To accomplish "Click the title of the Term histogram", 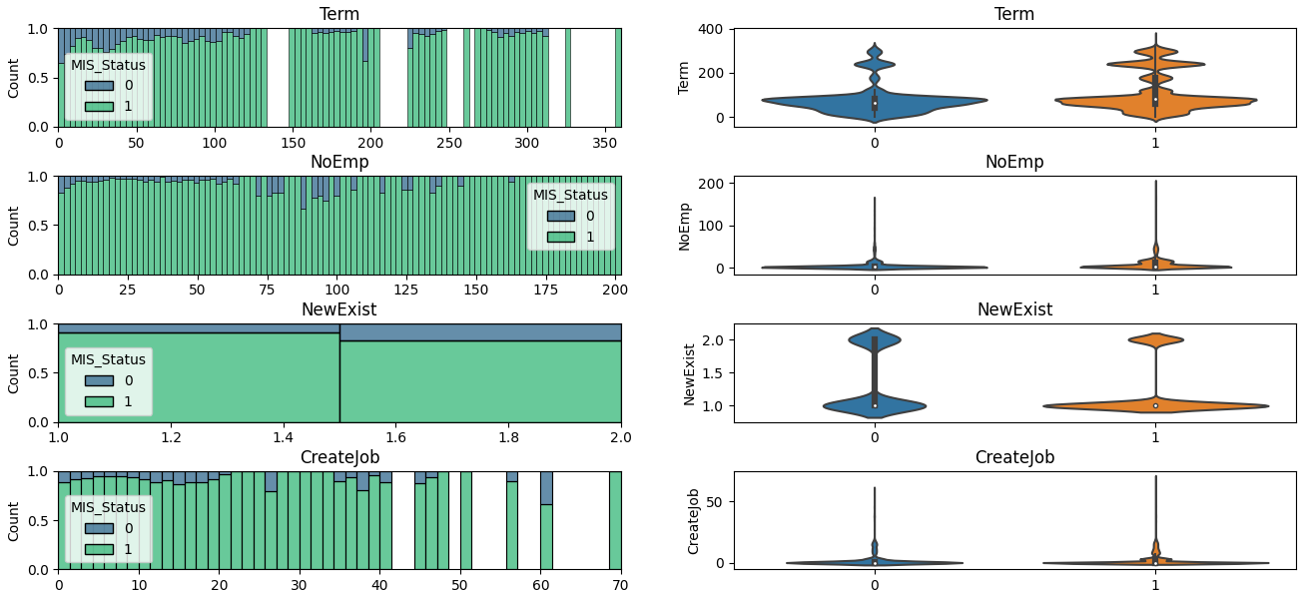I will (339, 14).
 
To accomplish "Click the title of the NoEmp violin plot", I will (1013, 162).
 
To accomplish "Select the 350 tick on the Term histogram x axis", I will (605, 144).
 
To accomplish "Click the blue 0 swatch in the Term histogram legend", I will (99, 85).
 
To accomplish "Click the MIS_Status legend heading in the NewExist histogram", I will (108, 359).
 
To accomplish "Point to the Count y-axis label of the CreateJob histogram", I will (14, 520).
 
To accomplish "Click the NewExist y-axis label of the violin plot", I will (689, 373).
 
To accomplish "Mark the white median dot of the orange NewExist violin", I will (1155, 405).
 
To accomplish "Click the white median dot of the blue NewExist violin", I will (875, 405).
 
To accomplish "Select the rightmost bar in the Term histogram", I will (618, 78).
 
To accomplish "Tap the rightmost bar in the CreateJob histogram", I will (615, 520).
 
